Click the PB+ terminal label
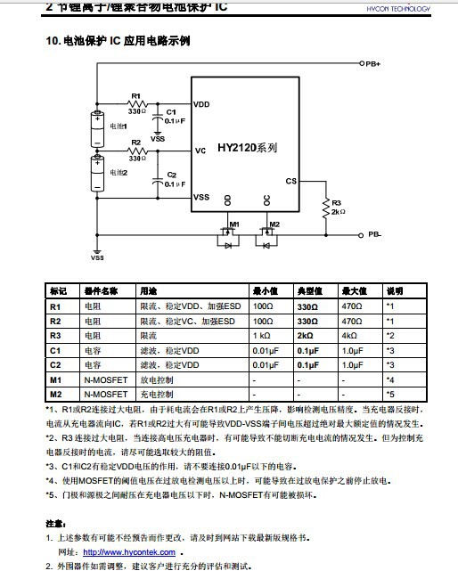coord(372,64)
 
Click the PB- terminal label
coord(374,235)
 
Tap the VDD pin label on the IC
coord(202,105)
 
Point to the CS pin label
coord(290,181)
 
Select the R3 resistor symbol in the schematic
coord(325,207)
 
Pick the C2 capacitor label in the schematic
coord(172,175)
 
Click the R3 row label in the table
coord(55,335)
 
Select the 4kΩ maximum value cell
coord(349,335)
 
